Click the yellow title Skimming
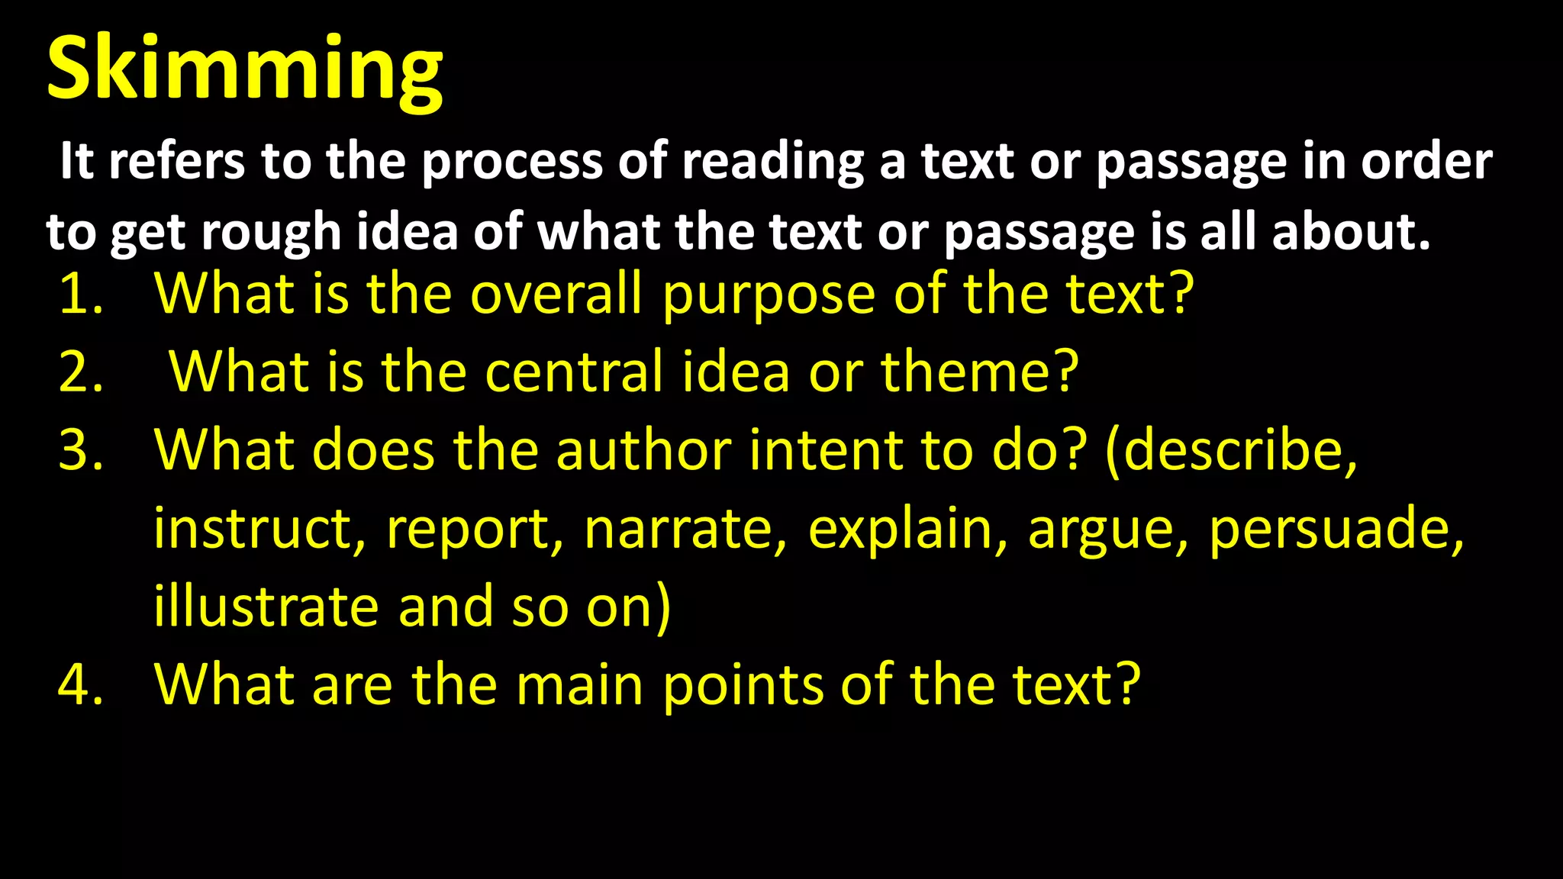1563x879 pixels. coord(244,70)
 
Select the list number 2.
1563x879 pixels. coord(80,372)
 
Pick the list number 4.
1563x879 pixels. coord(80,684)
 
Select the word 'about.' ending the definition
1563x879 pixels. coord(1351,232)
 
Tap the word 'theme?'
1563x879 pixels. coord(980,372)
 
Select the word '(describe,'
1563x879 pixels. coord(1231,452)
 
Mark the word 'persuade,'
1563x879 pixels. coord(1336,530)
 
